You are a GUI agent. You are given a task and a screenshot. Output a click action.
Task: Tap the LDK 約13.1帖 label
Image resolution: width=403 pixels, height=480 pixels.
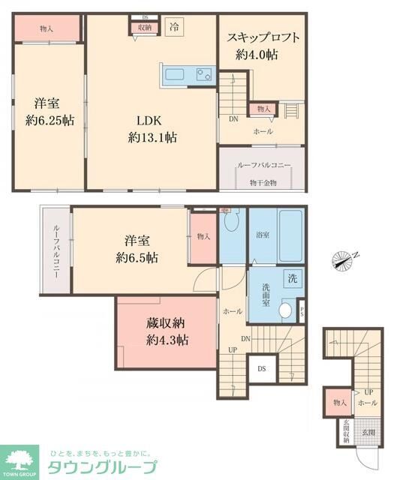152,128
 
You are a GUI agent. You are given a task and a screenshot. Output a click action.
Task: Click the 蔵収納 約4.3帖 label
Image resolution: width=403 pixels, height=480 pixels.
167,331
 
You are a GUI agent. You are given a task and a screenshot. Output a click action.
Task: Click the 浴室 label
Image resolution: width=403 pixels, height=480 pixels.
262,234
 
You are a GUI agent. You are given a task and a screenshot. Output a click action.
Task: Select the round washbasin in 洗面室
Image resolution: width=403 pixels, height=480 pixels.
285,310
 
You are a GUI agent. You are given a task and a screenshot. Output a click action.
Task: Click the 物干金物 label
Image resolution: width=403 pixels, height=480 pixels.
263,182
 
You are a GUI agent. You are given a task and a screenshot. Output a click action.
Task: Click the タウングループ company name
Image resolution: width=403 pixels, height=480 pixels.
103,466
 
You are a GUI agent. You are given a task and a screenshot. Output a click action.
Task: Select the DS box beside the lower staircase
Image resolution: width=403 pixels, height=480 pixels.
261,368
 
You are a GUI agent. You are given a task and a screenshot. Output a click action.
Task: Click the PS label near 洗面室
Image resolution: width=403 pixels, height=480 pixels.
302,310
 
